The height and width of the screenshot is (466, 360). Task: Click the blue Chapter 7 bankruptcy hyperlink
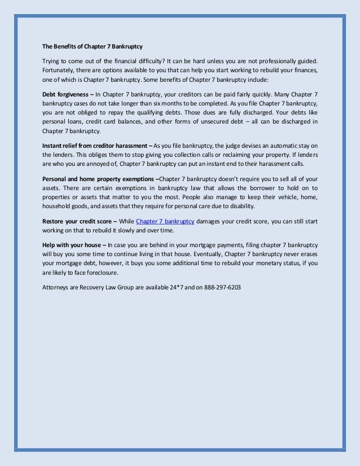coord(165,221)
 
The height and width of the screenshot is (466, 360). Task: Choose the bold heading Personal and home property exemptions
coord(99,178)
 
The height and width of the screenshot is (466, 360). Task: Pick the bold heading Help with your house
coord(72,245)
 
